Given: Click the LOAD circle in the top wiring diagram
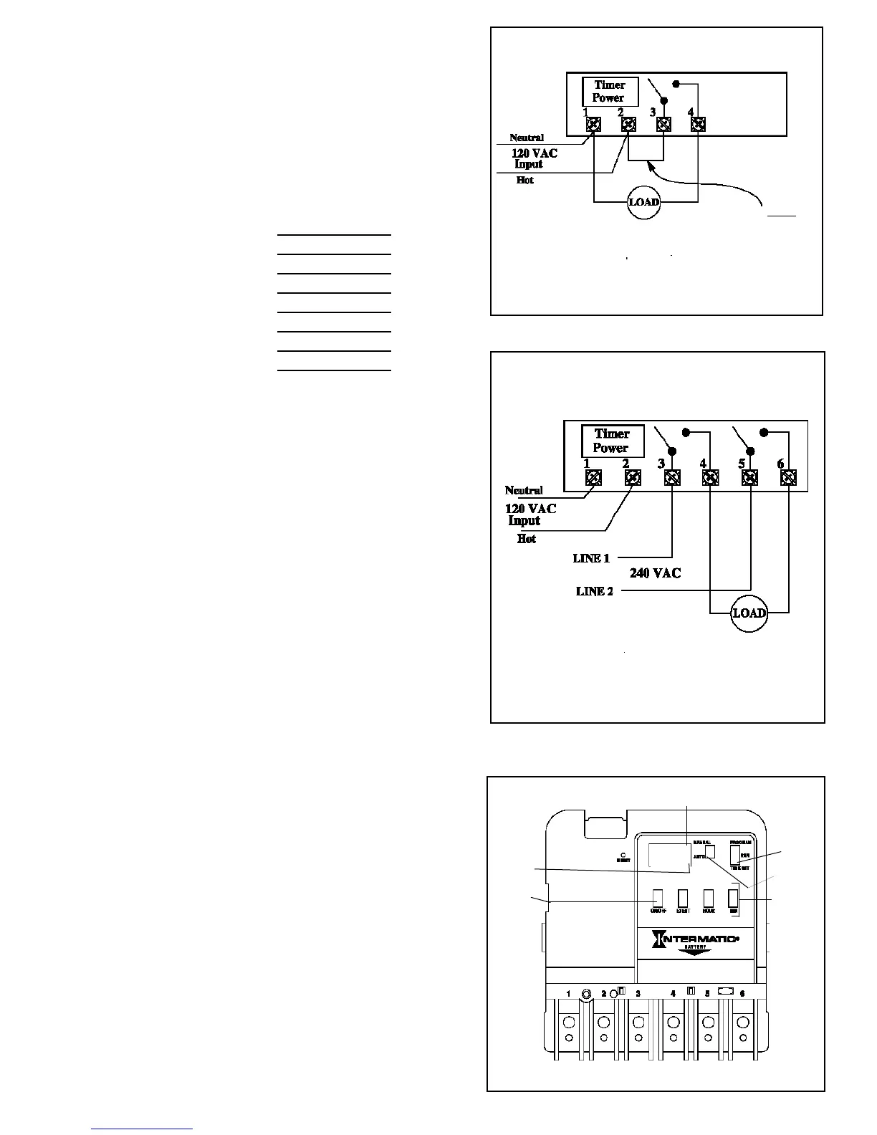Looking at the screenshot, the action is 643,202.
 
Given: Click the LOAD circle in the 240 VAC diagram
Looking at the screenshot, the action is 749,613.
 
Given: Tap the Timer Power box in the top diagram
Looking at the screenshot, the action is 609,92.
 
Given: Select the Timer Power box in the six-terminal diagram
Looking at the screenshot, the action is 612,441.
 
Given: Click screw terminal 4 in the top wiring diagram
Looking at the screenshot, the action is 698,125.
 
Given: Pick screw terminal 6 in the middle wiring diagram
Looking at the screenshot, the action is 788,477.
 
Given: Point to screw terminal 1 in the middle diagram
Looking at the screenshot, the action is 593,477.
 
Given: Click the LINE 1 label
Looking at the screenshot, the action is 591,558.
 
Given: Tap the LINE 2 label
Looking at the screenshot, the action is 595,591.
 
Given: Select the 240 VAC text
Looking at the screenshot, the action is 655,573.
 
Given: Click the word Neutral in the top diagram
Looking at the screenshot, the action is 527,138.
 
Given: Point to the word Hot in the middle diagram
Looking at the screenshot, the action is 527,539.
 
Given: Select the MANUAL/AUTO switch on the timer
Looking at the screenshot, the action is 710,851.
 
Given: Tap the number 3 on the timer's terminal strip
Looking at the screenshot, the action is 638,994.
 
